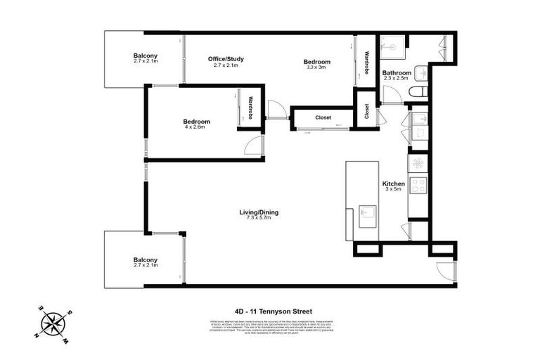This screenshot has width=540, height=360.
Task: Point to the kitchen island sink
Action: (366, 212)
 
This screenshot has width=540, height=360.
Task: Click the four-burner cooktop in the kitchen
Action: (418, 186)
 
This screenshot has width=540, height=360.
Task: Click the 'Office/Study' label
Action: (226, 59)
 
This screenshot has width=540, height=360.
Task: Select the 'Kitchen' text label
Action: (392, 183)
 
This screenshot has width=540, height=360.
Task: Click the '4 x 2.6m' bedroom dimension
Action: (197, 128)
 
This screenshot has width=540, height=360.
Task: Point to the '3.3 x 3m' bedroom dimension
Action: (316, 68)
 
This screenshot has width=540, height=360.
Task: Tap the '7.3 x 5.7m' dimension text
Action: (258, 219)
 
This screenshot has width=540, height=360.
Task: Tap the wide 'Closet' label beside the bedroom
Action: (323, 117)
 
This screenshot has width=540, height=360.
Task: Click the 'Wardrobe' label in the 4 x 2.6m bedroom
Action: (250, 108)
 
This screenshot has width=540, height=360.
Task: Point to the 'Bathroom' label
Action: (397, 73)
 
